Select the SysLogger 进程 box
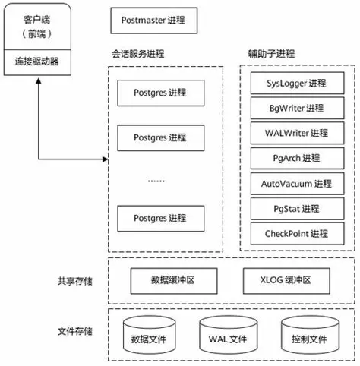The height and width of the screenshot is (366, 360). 296,83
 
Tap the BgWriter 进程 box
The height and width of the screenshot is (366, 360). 296,108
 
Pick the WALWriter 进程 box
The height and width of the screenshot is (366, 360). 296,133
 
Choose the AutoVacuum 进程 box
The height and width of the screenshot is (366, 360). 296,183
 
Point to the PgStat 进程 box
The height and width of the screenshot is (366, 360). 296,208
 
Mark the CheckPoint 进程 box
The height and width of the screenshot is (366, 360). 296,233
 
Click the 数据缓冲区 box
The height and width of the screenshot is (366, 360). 169,280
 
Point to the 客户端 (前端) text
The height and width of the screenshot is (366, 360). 36,27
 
